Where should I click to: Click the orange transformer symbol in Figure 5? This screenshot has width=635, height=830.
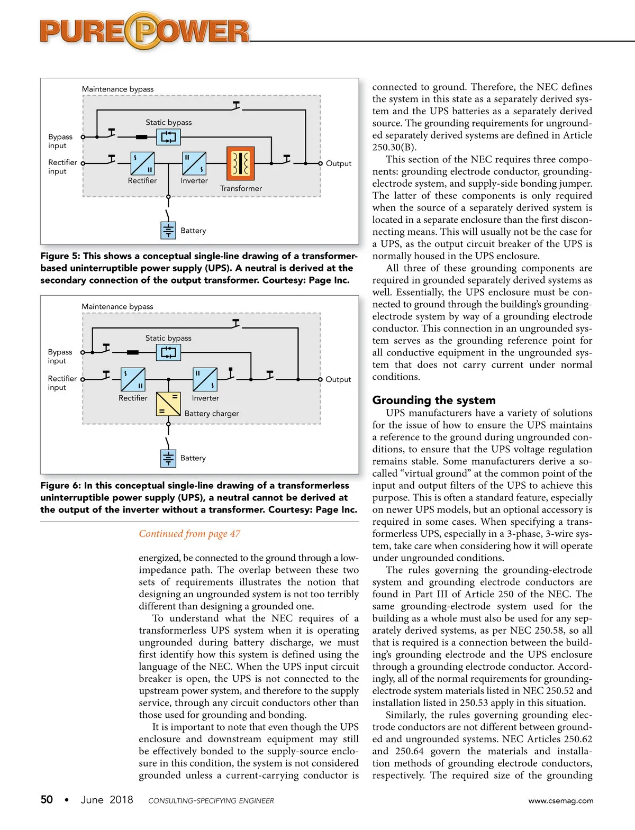point(241,163)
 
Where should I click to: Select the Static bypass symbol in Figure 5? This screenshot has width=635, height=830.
point(168,138)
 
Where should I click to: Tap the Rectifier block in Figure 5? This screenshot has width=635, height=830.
point(142,163)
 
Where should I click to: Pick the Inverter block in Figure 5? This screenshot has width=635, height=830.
point(194,163)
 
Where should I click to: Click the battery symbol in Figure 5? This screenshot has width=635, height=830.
point(168,231)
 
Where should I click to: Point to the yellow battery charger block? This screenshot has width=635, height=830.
point(168,404)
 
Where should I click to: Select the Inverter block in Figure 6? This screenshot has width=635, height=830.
point(205,379)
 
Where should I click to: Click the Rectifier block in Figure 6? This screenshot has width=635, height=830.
point(133,379)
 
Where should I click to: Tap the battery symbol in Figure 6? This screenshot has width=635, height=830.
point(168,458)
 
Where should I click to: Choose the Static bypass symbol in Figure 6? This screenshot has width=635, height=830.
point(168,352)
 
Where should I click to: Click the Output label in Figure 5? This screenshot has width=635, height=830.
point(339,163)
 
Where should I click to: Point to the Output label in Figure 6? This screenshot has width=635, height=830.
point(338,379)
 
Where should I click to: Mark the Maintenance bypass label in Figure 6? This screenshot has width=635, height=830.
point(117,307)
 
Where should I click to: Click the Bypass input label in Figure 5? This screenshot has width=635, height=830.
point(60,141)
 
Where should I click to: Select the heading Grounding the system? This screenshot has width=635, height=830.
point(434,400)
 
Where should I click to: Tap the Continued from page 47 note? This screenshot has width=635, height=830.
point(189,534)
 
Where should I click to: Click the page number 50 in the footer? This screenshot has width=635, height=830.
point(47,799)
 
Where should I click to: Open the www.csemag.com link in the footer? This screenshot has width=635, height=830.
point(561,801)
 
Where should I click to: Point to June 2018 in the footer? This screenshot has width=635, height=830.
point(107,800)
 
